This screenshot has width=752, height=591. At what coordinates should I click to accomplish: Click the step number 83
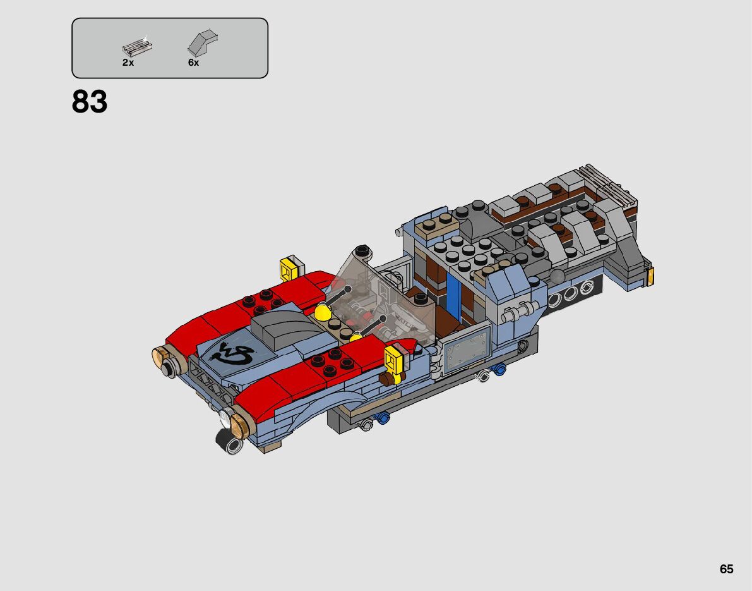pyautogui.click(x=90, y=102)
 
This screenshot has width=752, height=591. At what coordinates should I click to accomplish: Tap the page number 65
pyautogui.click(x=727, y=569)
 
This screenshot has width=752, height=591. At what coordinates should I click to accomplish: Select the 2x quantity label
pyautogui.click(x=128, y=63)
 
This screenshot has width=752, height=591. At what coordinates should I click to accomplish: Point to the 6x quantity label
pyautogui.click(x=193, y=63)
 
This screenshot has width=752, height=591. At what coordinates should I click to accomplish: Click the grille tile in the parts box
pyautogui.click(x=137, y=46)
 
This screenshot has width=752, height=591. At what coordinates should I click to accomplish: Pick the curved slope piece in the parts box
pyautogui.click(x=203, y=43)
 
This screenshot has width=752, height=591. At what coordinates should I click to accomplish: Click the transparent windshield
pyautogui.click(x=379, y=303)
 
